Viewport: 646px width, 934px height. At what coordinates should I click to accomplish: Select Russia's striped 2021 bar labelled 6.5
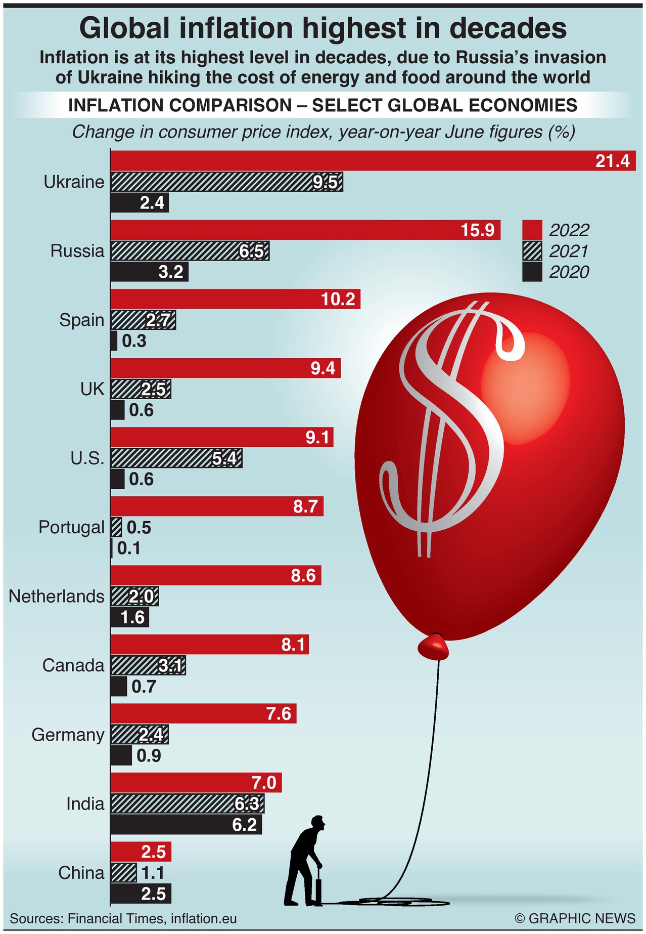click(x=190, y=251)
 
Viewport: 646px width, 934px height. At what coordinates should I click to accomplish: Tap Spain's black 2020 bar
click(x=114, y=341)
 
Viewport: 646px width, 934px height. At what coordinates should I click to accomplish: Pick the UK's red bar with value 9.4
click(x=225, y=368)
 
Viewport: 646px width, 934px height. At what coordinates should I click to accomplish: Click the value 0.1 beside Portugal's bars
click(x=128, y=548)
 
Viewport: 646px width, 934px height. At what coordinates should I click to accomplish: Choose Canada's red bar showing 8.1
click(x=209, y=645)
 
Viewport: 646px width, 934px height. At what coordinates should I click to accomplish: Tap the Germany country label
click(x=68, y=735)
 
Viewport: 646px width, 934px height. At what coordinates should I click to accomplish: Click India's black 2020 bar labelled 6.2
click(x=186, y=825)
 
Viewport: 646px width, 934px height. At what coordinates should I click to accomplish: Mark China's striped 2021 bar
click(x=123, y=873)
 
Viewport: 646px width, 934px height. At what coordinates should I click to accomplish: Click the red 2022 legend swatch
click(x=532, y=230)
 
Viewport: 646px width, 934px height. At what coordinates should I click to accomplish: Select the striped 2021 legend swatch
click(x=532, y=251)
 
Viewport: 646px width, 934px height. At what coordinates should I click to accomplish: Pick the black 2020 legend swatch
click(x=532, y=272)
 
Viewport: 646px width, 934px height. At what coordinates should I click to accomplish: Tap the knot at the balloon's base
click(x=434, y=647)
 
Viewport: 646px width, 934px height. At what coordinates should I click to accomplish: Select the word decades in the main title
click(x=507, y=28)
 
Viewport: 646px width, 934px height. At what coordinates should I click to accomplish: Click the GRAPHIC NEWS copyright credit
click(x=575, y=918)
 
